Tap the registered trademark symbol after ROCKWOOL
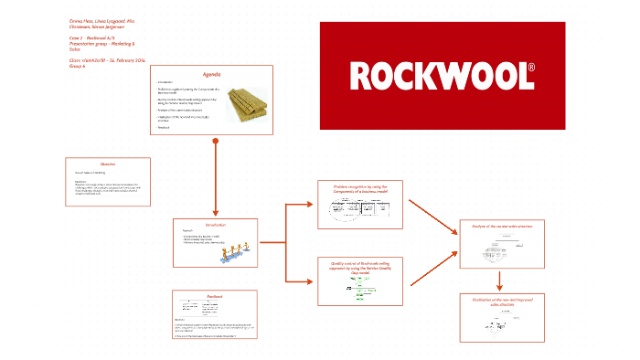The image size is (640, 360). tap(531, 69)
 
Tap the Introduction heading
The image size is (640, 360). tap(216, 224)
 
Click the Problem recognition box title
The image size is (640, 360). tap(361, 188)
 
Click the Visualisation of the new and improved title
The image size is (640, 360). tap(502, 301)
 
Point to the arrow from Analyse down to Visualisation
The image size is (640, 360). tap(502, 280)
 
